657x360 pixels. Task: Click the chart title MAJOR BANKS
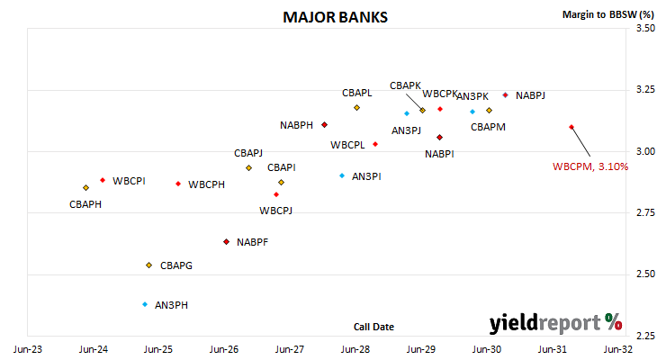click(335, 17)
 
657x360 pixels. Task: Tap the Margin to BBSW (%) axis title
click(608, 14)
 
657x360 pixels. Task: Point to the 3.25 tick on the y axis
click(645, 89)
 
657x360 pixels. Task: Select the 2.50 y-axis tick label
click(645, 274)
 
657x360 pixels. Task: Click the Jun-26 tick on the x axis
click(224, 349)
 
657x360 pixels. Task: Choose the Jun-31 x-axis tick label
click(553, 349)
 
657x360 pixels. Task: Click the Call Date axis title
click(373, 327)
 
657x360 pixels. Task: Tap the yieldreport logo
click(555, 323)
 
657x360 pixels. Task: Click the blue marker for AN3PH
click(145, 304)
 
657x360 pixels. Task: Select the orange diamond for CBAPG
click(148, 265)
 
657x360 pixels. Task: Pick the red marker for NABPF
click(226, 242)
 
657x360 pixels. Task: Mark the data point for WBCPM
click(571, 127)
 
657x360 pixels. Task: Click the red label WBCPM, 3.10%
click(590, 166)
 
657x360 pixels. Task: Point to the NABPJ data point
click(505, 95)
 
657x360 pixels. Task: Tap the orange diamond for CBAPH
click(85, 188)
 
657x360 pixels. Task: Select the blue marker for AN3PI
click(342, 175)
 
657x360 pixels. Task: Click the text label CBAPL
click(357, 93)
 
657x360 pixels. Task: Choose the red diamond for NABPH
click(324, 125)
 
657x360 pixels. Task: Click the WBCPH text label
click(206, 184)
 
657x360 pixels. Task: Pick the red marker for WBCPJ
click(276, 194)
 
